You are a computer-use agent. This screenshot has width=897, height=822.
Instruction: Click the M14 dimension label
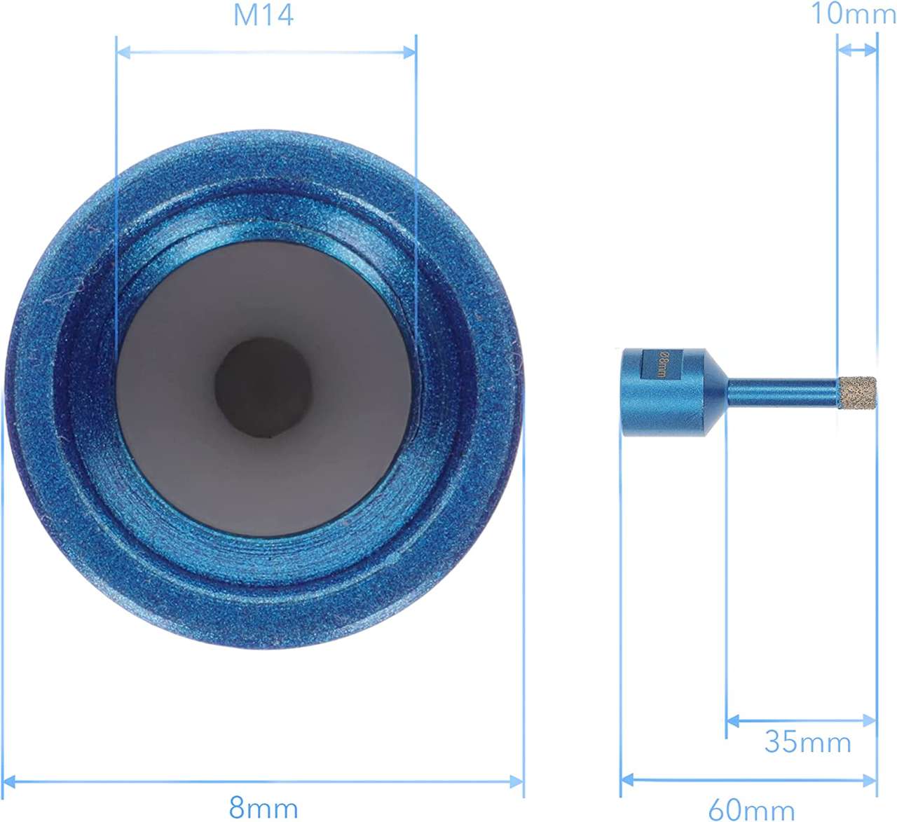(263, 15)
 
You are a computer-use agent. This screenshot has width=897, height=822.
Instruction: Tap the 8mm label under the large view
(263, 807)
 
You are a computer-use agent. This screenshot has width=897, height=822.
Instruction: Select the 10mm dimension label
(853, 13)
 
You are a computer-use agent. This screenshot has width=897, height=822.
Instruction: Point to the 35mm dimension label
(807, 741)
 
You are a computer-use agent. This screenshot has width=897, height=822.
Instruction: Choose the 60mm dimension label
(751, 809)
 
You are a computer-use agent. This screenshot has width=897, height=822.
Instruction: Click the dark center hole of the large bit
(263, 387)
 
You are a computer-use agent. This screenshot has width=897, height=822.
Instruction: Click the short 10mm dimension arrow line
(857, 50)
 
